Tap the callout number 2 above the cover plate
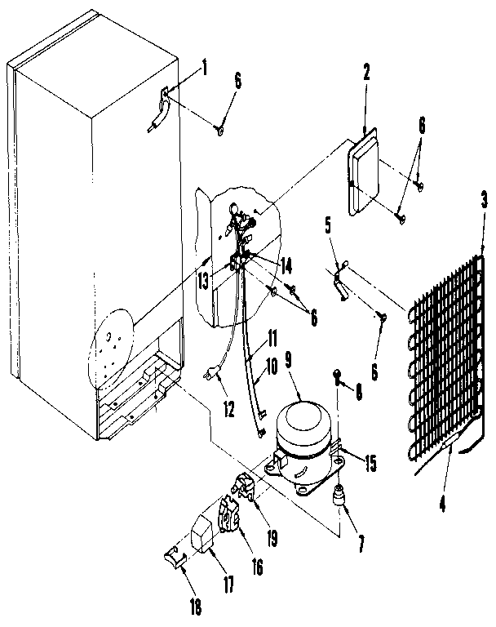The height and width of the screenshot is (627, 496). click(366, 73)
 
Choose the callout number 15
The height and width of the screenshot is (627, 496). click(371, 465)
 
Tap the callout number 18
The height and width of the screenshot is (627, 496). click(193, 607)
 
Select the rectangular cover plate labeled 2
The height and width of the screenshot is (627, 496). click(368, 173)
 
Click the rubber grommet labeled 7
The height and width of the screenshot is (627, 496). click(338, 495)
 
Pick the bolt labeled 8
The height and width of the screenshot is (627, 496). click(335, 376)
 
